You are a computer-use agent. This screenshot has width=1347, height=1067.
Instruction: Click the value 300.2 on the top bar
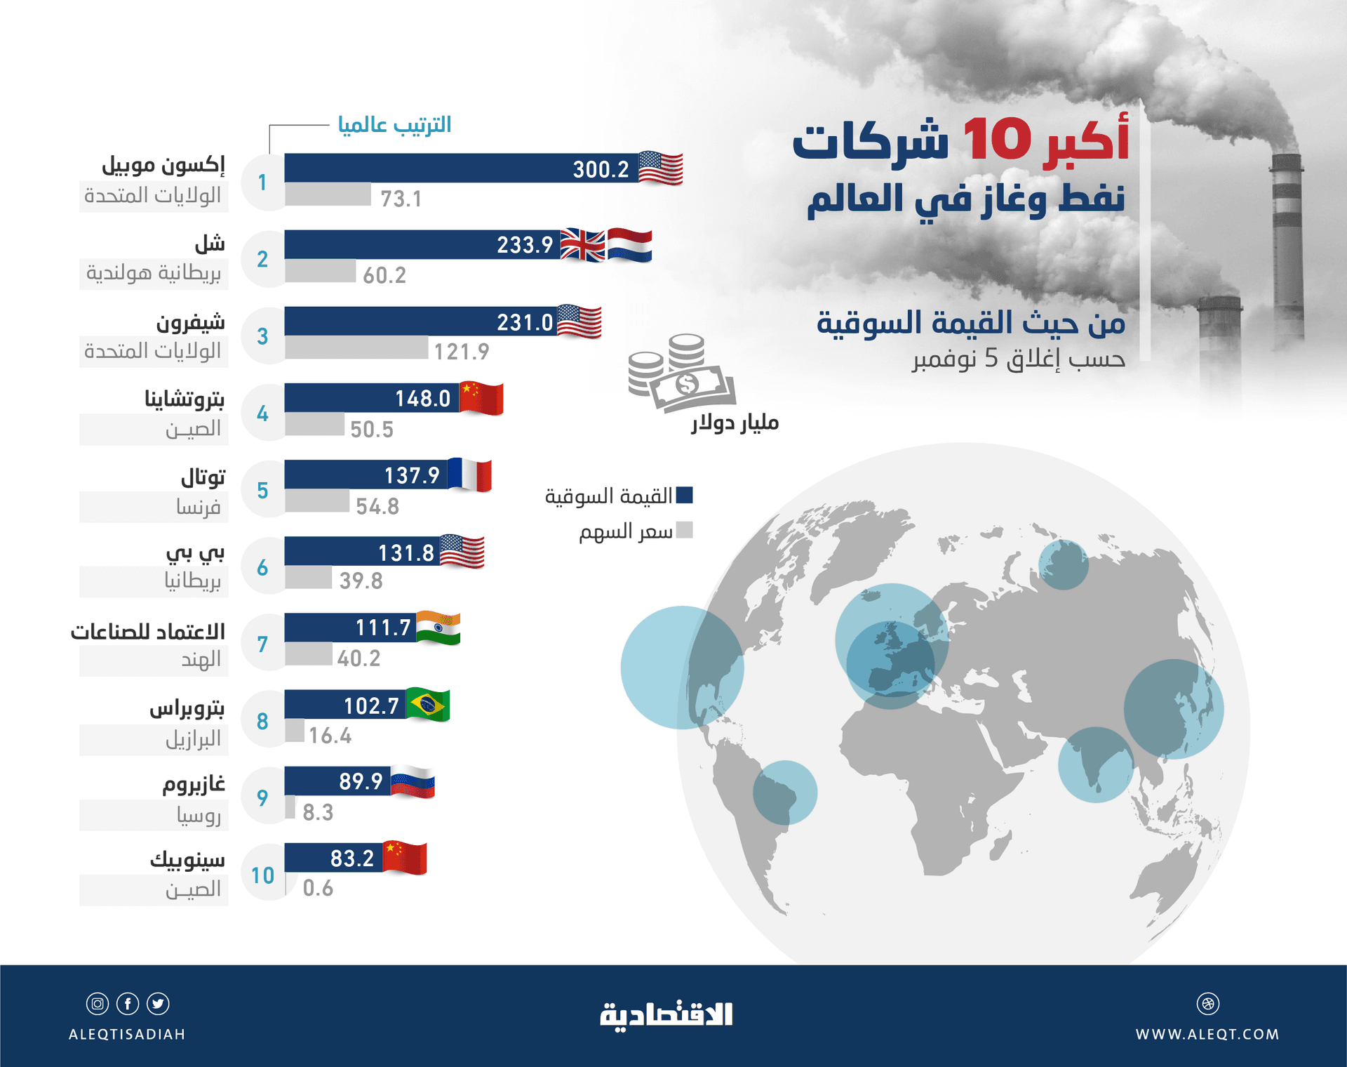[x=601, y=169]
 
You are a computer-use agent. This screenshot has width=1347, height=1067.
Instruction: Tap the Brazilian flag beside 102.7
[x=428, y=705]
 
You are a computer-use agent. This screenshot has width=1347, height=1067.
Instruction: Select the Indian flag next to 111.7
[x=438, y=628]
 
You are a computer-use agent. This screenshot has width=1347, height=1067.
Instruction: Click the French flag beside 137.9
[x=469, y=475]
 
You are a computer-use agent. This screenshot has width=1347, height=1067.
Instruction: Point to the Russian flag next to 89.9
[x=413, y=782]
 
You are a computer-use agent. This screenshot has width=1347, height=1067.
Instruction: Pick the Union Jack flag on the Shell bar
[x=583, y=245]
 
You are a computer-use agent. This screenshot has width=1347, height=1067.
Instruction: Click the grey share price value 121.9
[x=461, y=351]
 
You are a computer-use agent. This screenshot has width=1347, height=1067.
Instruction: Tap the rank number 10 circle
[x=263, y=875]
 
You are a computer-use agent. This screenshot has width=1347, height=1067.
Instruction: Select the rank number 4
[x=262, y=413]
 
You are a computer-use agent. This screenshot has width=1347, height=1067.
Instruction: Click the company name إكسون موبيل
[x=163, y=166]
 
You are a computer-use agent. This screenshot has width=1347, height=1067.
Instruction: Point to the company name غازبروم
[x=194, y=783]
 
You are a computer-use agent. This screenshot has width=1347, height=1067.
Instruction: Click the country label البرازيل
[x=193, y=738]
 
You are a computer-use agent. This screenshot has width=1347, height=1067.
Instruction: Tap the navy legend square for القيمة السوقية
[x=685, y=495]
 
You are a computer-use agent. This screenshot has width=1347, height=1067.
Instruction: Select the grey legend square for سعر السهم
[x=685, y=530]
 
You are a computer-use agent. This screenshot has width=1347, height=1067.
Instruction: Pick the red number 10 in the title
[x=996, y=140]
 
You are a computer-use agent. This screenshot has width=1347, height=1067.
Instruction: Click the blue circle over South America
[x=785, y=793]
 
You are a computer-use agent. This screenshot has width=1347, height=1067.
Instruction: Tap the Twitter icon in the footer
[x=158, y=1004]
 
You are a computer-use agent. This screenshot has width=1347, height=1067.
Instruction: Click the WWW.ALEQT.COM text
[x=1207, y=1034]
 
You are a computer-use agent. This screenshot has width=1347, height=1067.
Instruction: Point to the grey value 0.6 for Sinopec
[x=318, y=888]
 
